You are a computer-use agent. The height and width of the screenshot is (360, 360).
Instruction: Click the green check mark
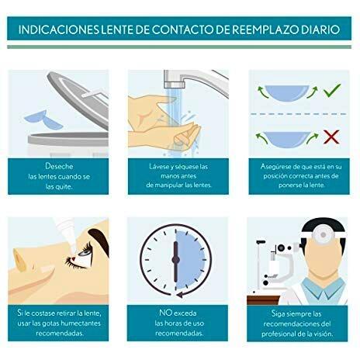(332, 90)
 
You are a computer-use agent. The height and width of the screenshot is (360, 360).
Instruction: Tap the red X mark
(331, 137)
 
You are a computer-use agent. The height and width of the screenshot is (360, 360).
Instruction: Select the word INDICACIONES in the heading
(58, 29)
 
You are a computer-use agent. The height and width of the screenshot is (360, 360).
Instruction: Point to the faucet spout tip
(175, 85)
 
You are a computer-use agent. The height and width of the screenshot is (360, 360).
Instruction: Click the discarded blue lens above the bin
(43, 119)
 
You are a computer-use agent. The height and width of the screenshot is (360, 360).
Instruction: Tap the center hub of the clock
(175, 259)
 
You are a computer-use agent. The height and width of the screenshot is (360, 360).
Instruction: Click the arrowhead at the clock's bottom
(179, 295)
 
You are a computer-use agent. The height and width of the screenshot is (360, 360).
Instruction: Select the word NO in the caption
(165, 313)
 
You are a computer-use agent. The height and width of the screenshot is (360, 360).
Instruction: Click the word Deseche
(59, 166)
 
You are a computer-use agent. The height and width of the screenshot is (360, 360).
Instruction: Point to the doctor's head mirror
(323, 235)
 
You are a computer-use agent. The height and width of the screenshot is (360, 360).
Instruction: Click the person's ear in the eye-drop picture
(20, 260)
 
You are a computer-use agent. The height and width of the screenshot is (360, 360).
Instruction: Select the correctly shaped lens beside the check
(287, 93)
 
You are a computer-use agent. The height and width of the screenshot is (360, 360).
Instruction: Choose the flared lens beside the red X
(287, 140)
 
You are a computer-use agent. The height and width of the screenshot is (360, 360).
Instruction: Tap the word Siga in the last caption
(278, 313)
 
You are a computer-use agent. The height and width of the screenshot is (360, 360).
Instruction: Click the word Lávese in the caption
(159, 166)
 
